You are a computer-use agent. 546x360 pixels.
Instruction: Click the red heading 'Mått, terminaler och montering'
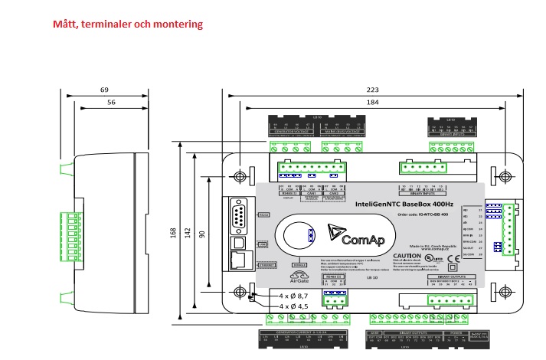click(128, 24)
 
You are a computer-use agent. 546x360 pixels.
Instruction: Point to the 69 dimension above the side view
click(104, 90)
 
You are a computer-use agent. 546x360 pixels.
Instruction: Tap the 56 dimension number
click(111, 102)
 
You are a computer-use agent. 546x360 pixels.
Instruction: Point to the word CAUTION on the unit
click(407, 256)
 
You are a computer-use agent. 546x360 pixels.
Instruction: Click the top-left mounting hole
click(242, 176)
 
